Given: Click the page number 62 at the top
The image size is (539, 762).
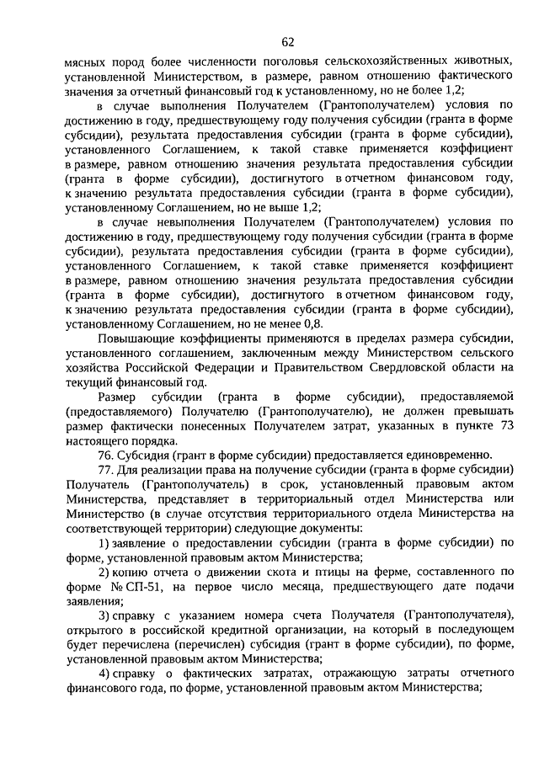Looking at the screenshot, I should coord(288,43).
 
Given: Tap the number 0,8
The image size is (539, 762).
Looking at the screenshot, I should coord(314,323).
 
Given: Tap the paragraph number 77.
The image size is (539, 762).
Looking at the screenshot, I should coord(105,469).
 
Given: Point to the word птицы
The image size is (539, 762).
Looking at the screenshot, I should coord(308,571).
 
